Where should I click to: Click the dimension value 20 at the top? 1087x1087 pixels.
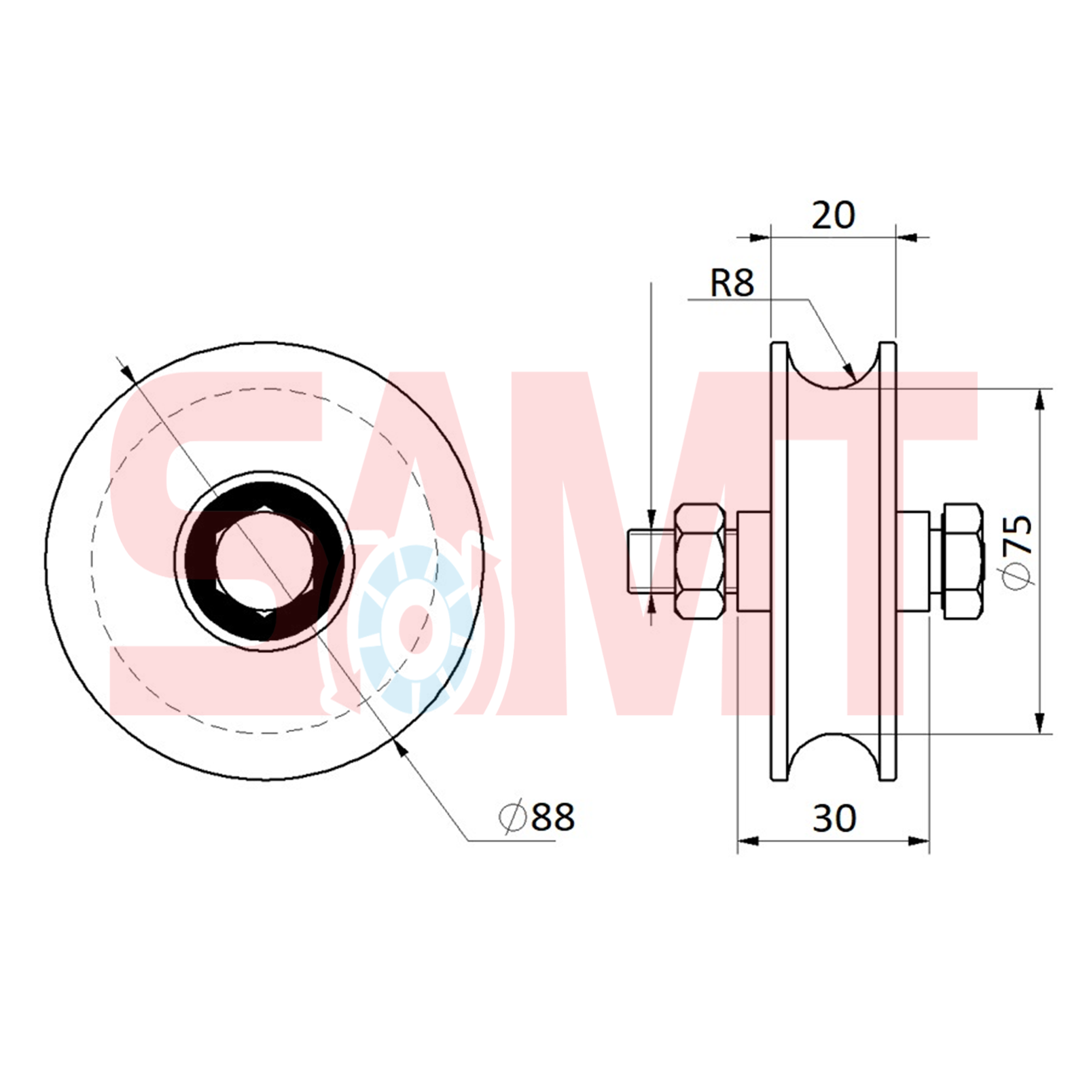[833, 215]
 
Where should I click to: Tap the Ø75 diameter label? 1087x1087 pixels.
[1017, 552]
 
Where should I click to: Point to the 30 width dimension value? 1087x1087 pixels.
[834, 819]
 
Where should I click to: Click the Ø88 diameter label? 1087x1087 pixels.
[537, 817]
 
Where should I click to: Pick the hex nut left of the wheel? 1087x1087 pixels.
[699, 561]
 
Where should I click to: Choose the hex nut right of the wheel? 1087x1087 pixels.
[962, 561]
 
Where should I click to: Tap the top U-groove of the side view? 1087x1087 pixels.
[834, 367]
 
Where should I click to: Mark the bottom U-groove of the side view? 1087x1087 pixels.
[834, 756]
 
